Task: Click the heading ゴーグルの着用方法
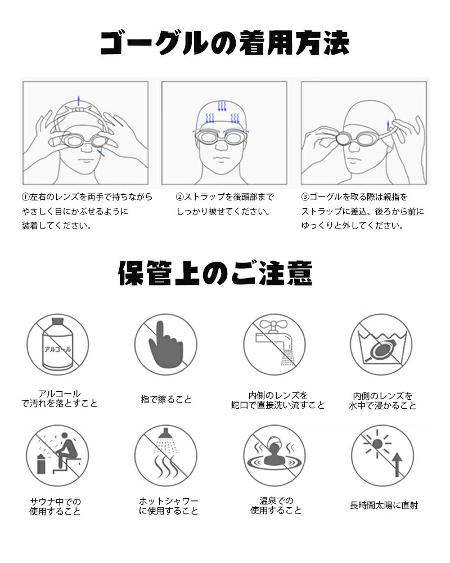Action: (224, 43)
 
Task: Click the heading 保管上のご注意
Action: (215, 273)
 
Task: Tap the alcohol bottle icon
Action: (57, 344)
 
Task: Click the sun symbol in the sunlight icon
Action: (377, 444)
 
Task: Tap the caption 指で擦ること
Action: (166, 399)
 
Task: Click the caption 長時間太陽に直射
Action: (384, 505)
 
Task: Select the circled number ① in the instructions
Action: (25, 197)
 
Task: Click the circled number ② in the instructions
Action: (180, 197)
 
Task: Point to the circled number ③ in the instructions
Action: (305, 197)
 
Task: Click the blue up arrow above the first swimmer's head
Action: (79, 101)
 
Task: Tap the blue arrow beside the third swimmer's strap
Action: (388, 126)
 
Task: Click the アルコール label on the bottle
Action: (57, 349)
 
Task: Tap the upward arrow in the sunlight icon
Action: (397, 464)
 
